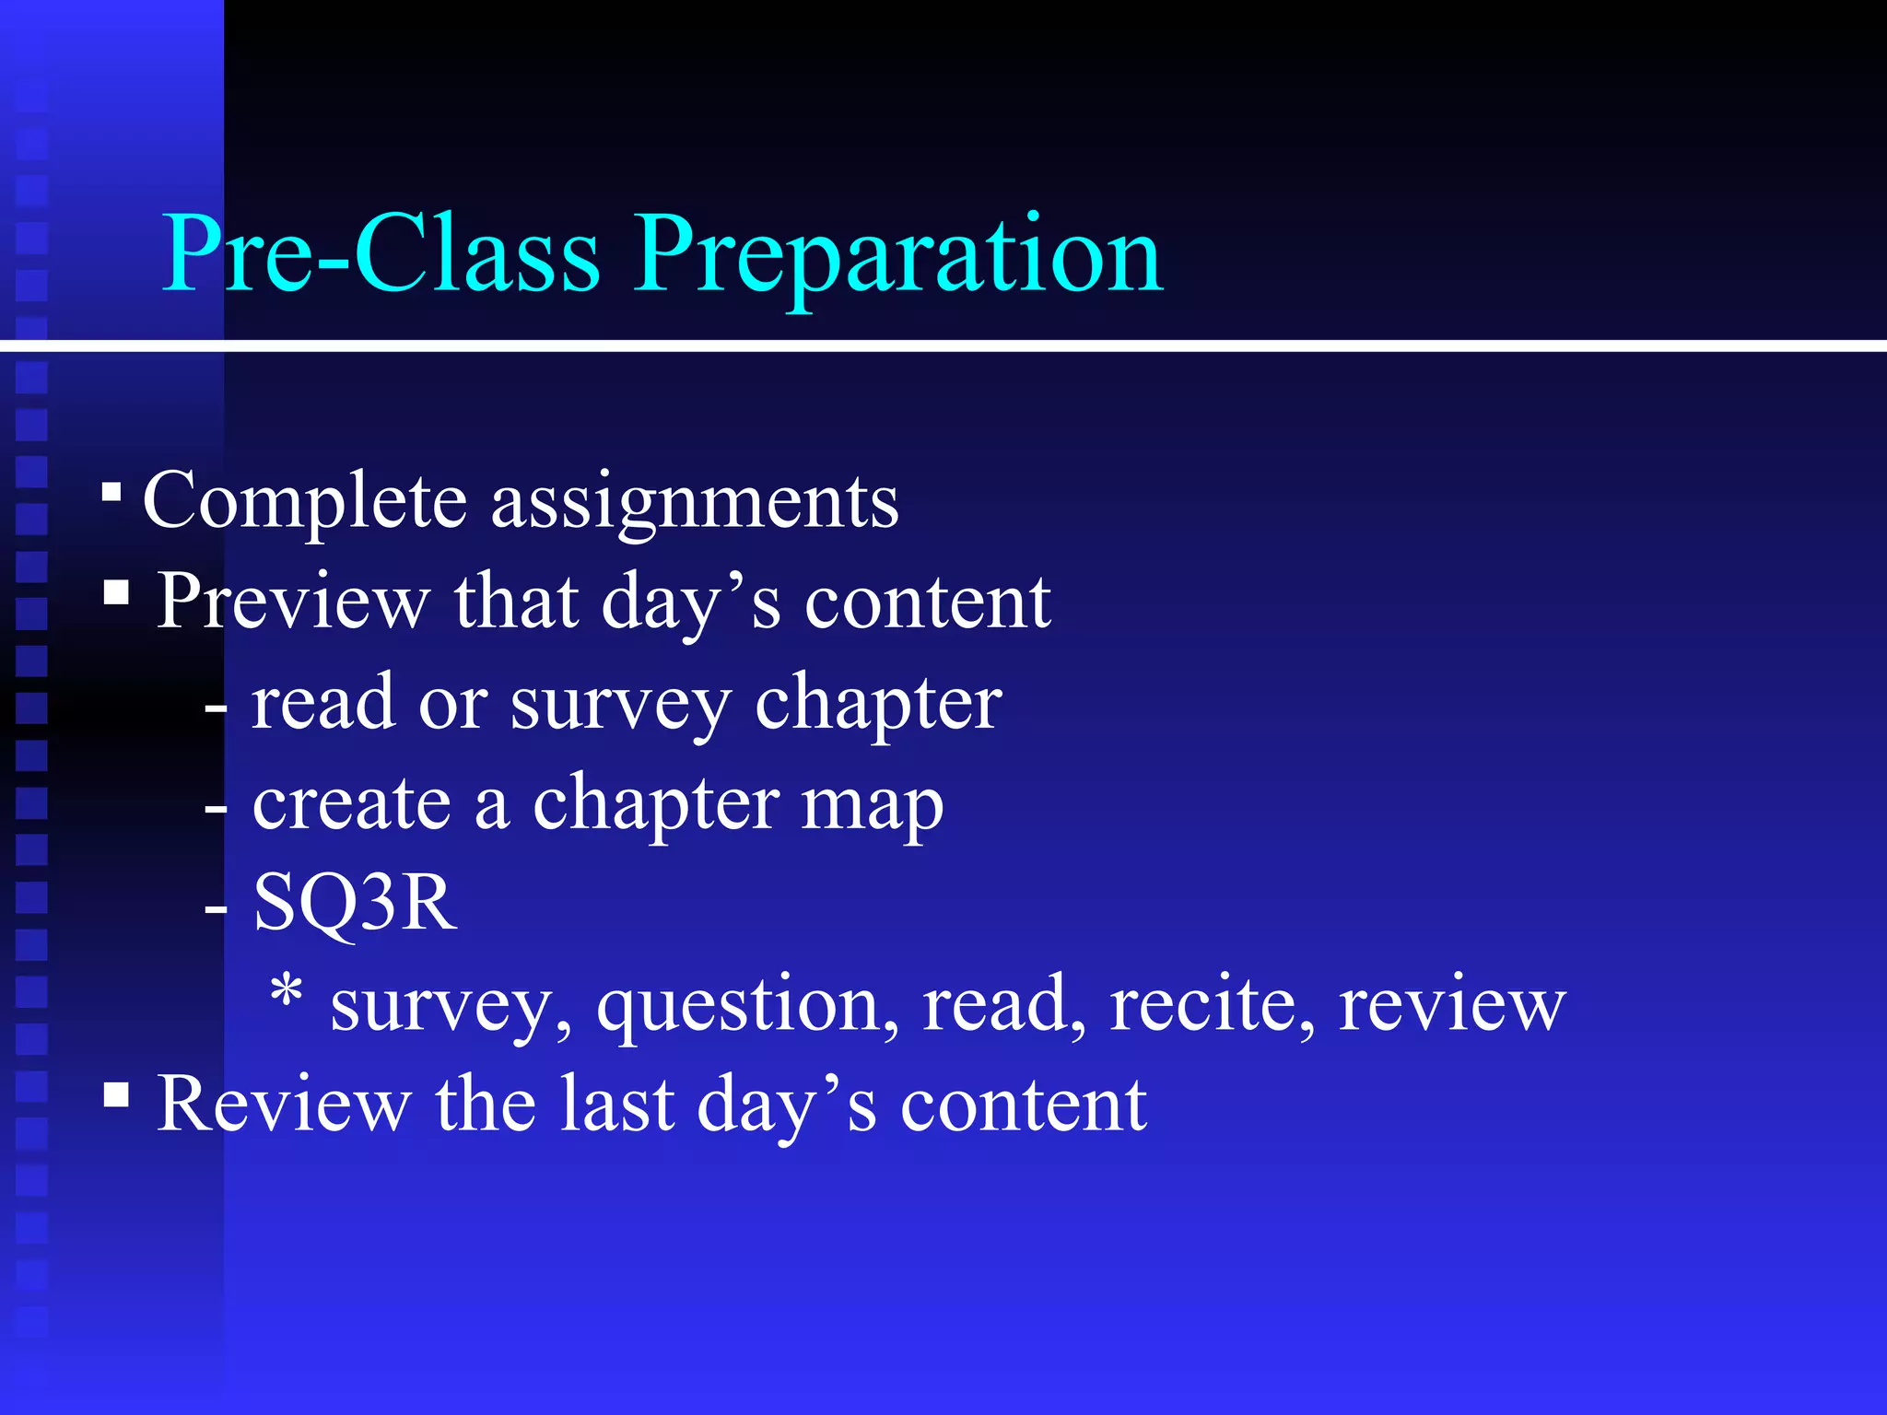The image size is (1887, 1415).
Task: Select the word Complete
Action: click(x=305, y=502)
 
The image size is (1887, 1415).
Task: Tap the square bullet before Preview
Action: click(x=116, y=591)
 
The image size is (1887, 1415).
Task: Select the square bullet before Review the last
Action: click(x=116, y=1094)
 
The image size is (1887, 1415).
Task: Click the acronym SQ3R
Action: click(x=355, y=903)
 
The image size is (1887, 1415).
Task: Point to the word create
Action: click(x=351, y=802)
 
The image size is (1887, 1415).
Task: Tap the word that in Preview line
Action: click(x=516, y=602)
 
